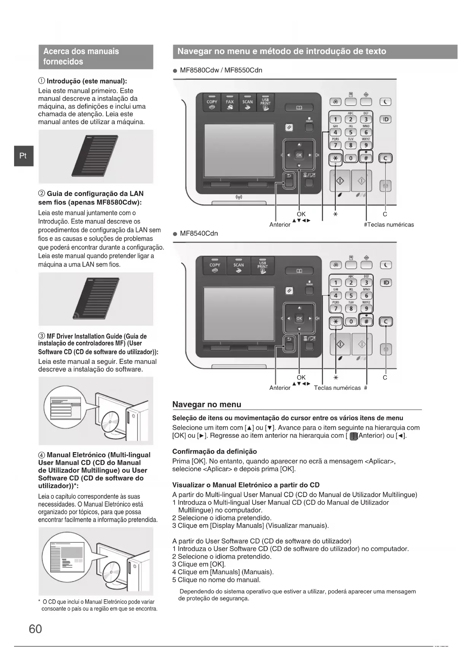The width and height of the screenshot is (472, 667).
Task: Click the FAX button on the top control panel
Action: [230, 103]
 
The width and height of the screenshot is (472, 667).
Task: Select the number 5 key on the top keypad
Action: [351, 132]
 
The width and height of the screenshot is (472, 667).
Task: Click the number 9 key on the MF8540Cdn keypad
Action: [366, 308]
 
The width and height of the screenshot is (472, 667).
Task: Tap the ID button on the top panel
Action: [386, 119]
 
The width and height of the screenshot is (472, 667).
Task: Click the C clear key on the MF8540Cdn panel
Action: [386, 322]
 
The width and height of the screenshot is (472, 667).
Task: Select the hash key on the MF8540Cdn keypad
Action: [366, 322]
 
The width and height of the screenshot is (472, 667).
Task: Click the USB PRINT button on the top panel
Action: [265, 103]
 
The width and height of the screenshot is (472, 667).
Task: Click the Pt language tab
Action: [24, 156]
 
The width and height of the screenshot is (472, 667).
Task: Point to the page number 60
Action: [35, 629]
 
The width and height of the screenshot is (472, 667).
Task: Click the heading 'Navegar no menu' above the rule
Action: [207, 404]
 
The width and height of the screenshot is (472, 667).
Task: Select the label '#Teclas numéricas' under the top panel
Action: [389, 225]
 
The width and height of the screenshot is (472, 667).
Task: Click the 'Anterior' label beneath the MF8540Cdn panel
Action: [280, 388]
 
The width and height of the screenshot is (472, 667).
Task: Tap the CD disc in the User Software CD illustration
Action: [110, 422]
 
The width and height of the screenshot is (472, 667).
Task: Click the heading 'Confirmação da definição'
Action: [215, 451]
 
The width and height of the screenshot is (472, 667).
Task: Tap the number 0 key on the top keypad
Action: [351, 158]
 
